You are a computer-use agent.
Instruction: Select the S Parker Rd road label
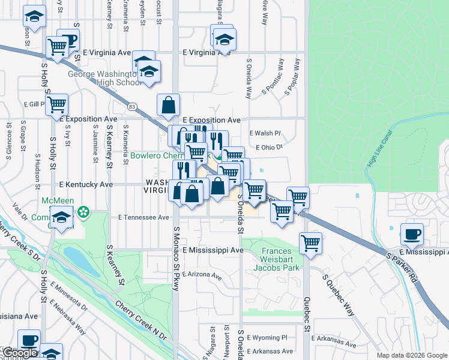coord(401,268)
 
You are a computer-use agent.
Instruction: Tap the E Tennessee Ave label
coord(143,217)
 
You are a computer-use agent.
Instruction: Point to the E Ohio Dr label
coord(268,147)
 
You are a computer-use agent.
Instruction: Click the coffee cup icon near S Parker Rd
coord(412,234)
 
